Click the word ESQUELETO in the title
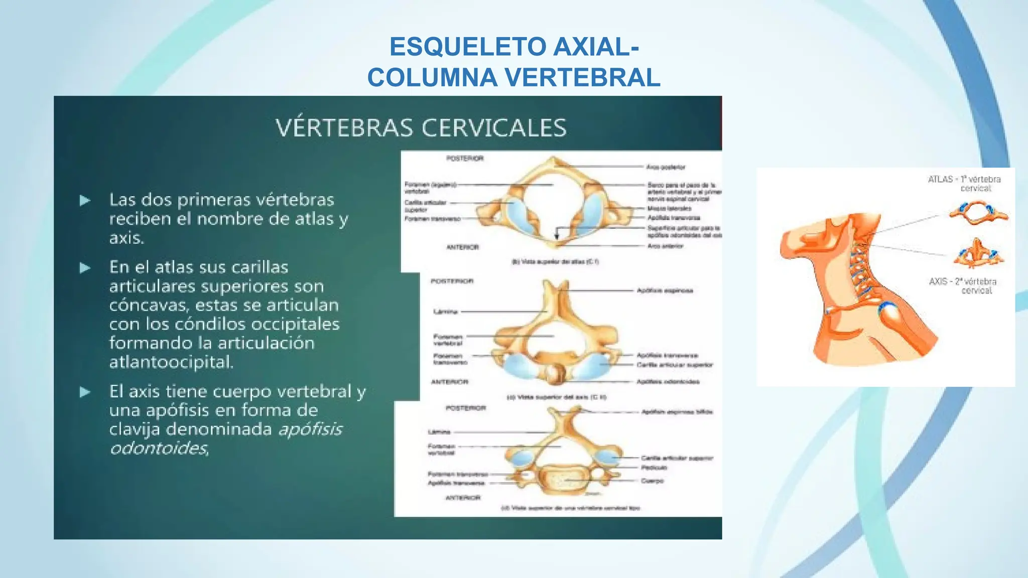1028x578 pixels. (x=467, y=47)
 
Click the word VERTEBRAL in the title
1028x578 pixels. (x=582, y=78)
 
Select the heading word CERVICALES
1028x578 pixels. (x=494, y=128)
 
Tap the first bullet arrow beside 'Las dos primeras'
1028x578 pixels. (x=85, y=201)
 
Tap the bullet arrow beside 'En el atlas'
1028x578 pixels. (x=85, y=268)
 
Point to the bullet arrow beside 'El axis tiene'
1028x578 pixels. (x=85, y=392)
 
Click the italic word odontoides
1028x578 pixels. (x=159, y=448)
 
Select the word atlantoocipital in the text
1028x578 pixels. (x=171, y=362)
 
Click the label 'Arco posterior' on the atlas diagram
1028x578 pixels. (x=666, y=167)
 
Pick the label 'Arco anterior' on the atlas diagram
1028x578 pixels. (x=665, y=246)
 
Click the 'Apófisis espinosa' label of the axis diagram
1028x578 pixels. (x=665, y=291)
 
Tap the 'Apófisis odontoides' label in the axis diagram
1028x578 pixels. (x=668, y=382)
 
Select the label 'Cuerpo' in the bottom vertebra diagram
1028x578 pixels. (x=652, y=481)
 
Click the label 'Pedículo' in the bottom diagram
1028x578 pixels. (x=654, y=468)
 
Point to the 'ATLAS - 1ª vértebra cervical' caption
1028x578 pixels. (x=964, y=183)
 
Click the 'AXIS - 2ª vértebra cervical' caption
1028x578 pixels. (x=963, y=285)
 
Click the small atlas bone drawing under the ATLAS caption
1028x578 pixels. (x=978, y=213)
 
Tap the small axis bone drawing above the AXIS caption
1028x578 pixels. (x=978, y=254)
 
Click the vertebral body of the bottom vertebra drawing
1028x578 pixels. (x=565, y=479)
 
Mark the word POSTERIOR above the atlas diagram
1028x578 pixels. (x=465, y=159)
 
